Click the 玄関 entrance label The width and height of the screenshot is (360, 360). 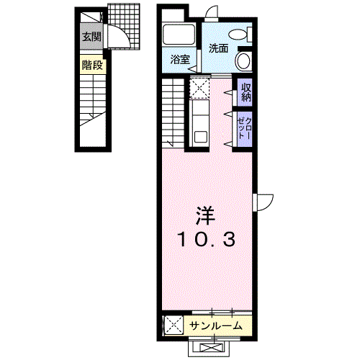coord(91,37)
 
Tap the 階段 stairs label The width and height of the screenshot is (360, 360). coord(92,65)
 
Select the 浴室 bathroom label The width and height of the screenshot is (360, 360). coord(180,59)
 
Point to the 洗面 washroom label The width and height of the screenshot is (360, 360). coord(218,48)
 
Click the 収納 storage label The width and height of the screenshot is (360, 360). coord(246,92)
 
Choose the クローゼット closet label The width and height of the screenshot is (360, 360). coord(245,128)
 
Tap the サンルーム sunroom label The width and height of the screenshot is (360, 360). coord(215,325)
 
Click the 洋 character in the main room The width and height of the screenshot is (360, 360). coord(205,215)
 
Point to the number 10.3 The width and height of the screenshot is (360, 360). coord(206,240)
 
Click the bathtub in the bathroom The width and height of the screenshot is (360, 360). coord(179,35)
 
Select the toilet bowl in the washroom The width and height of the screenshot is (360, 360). coord(238,35)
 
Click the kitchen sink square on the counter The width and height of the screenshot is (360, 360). coord(201,137)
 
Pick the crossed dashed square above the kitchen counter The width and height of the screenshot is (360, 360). coord(199,87)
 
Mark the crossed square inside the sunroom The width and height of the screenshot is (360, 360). coord(174,325)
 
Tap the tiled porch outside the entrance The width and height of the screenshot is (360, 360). coord(124,27)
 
